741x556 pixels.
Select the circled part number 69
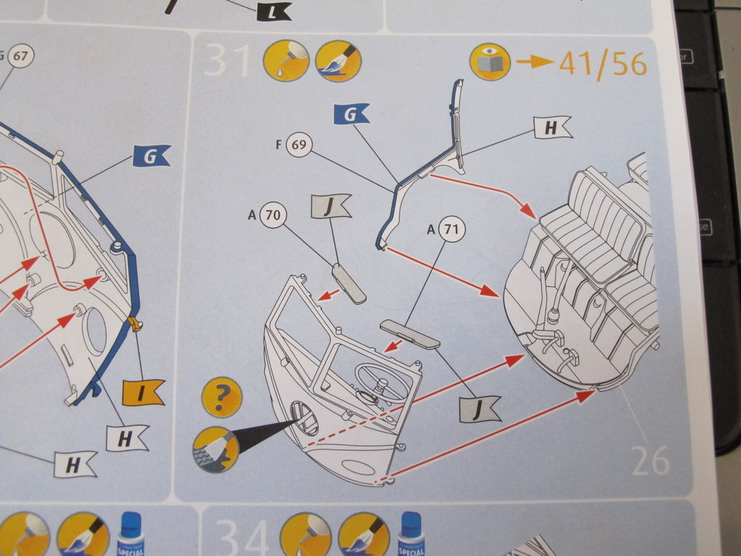[x=299, y=144]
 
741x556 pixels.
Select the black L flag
[x=273, y=11]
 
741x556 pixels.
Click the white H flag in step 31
[x=552, y=128]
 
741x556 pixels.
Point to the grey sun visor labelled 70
[x=348, y=282]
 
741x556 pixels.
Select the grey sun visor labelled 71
[x=410, y=333]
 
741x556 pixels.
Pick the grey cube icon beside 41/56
[x=490, y=63]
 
